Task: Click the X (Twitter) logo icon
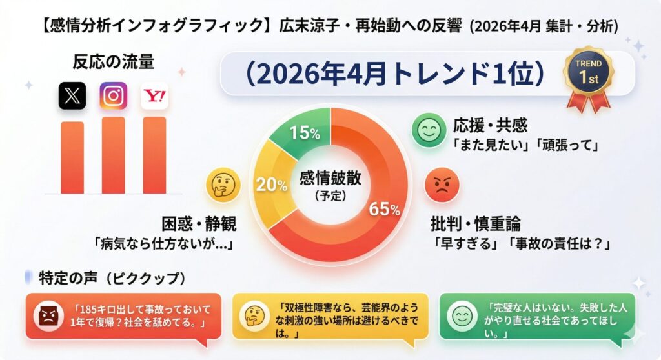pyautogui.click(x=72, y=96)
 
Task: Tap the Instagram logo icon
pyautogui.click(x=113, y=95)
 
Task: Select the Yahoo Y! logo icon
pyautogui.click(x=154, y=96)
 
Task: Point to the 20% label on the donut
pyautogui.click(x=271, y=185)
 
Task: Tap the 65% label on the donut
pyautogui.click(x=384, y=209)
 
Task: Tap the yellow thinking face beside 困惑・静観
pyautogui.click(x=223, y=187)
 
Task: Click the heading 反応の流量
pyautogui.click(x=112, y=63)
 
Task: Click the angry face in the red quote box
pyautogui.click(x=48, y=315)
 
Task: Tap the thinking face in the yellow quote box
pyautogui.click(x=252, y=315)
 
